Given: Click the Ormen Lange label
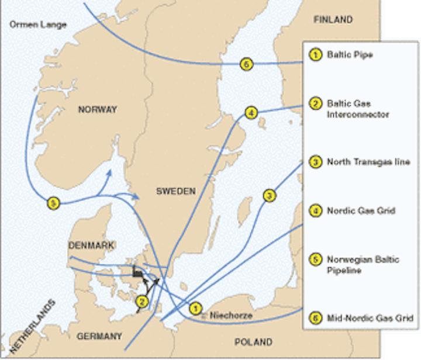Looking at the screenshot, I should (x=38, y=25).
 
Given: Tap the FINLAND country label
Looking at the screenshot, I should (x=333, y=20).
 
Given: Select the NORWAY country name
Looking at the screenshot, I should (x=97, y=109).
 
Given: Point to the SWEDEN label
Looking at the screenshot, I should (x=176, y=192).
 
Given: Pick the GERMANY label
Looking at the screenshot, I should (x=99, y=336).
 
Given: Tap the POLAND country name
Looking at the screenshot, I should (x=253, y=342).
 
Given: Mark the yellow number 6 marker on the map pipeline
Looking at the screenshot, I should (x=247, y=64).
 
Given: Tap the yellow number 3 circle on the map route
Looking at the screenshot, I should (x=269, y=195).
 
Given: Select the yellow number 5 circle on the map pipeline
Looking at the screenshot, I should (x=54, y=203).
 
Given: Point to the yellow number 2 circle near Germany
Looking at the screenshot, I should (x=141, y=302).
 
